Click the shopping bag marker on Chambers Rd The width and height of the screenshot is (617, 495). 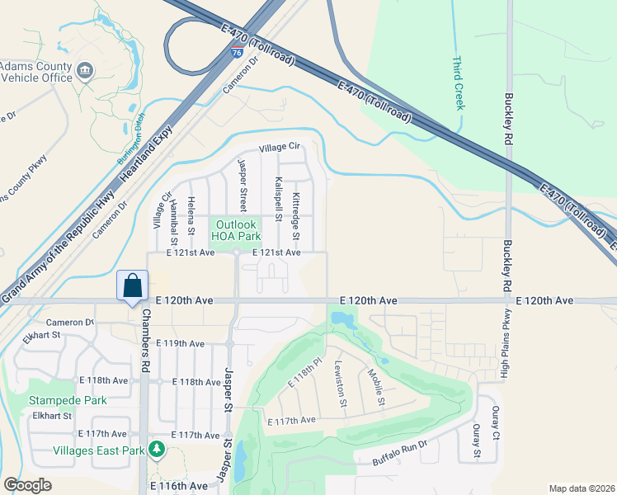point(132,286)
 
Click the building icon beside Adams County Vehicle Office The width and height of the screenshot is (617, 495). point(85,71)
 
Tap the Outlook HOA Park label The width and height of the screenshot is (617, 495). point(237,230)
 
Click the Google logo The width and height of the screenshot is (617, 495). point(26,485)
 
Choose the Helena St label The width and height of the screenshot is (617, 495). point(191,216)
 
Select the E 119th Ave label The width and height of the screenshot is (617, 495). point(185,343)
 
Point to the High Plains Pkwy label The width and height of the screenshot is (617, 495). point(505,342)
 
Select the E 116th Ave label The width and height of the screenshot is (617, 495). point(179,486)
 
